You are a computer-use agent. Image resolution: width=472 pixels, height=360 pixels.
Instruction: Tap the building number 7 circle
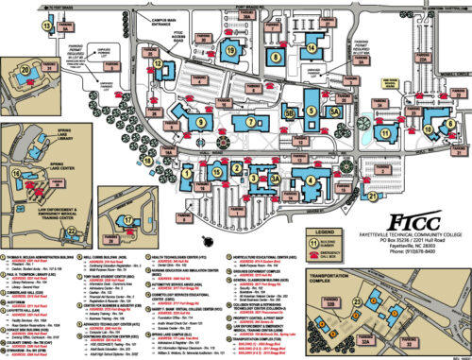pyautogui.click(x=251, y=122)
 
